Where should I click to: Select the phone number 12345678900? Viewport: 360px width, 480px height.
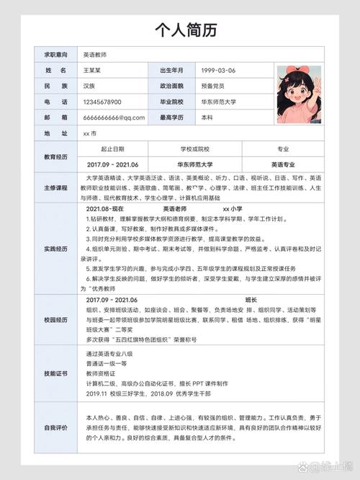102,102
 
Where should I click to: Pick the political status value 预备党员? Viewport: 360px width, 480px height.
215,86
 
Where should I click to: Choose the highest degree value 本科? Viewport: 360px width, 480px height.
207,117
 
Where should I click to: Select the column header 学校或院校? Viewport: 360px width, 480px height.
194,149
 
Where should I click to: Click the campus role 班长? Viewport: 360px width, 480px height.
251,299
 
